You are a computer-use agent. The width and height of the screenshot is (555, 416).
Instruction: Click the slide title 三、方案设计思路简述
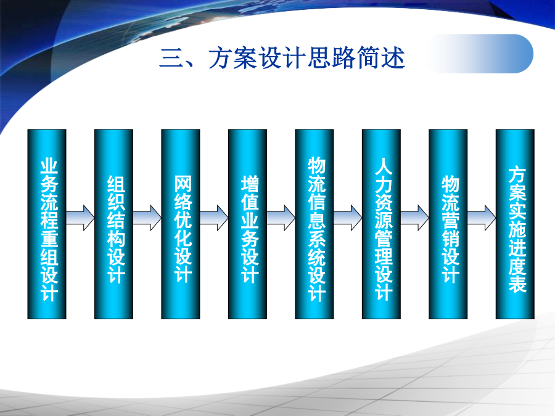[282, 58]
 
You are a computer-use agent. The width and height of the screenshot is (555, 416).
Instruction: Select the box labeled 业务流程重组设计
[47, 224]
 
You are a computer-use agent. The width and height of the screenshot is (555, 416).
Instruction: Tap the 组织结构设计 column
[113, 224]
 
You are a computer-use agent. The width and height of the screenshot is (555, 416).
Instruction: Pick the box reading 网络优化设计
[181, 224]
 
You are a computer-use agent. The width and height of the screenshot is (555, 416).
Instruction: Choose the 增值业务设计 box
[247, 224]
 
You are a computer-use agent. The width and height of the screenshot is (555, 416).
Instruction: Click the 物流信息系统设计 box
[314, 224]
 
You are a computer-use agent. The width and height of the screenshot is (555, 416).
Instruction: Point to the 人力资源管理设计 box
[381, 224]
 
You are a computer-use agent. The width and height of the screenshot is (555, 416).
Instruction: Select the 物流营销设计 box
[448, 224]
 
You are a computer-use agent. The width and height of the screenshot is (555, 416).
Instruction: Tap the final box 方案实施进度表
[515, 224]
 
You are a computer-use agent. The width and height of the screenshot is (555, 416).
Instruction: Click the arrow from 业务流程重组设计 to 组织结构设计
[80, 218]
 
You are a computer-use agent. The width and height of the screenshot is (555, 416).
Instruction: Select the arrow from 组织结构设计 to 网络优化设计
[147, 218]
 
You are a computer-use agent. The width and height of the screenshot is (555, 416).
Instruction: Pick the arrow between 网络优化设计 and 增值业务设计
[214, 218]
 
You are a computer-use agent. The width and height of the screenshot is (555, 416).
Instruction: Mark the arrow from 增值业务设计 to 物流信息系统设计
[281, 218]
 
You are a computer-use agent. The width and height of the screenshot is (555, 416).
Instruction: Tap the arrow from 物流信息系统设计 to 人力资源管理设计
[348, 218]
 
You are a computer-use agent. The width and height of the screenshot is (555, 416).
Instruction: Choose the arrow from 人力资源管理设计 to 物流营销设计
[415, 218]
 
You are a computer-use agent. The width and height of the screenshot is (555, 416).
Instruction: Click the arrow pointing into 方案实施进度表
[482, 218]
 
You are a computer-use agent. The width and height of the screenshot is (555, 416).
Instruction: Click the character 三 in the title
[171, 59]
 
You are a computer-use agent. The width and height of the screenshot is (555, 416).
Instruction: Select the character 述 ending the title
[393, 58]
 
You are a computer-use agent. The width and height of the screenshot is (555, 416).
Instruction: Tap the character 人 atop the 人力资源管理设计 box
[384, 166]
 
